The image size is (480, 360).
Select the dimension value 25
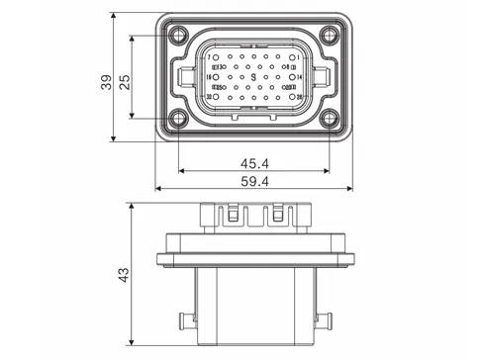124,81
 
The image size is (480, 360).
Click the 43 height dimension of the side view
124,274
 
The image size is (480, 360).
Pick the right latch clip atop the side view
277,214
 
